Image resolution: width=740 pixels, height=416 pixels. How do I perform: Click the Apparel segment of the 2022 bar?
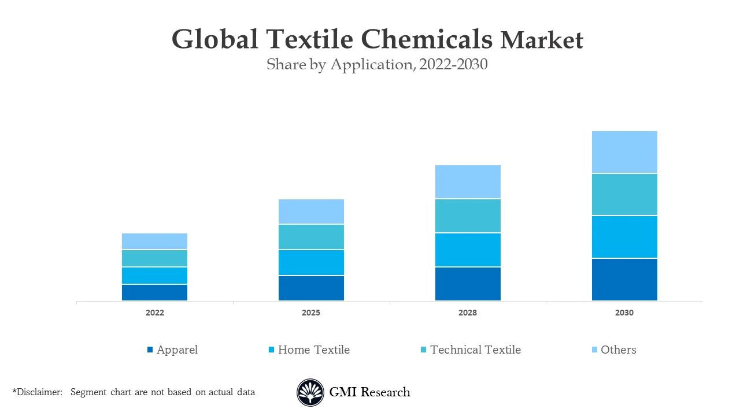tap(154, 292)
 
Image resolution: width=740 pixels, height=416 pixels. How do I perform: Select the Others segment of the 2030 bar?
tap(624, 152)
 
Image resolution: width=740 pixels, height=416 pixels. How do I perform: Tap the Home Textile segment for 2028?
tap(468, 250)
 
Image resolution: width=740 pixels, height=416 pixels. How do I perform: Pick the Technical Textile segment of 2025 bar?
tap(311, 237)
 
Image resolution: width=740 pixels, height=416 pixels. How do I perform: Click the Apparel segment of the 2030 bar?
tap(624, 280)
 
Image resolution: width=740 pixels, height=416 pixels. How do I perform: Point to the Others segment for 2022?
tap(154, 242)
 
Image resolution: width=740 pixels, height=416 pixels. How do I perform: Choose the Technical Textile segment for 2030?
tap(624, 195)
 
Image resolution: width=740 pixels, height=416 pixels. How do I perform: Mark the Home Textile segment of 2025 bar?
tap(311, 263)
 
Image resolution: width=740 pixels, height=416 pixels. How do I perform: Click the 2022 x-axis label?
tap(154, 313)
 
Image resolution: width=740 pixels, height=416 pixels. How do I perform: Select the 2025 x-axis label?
tap(311, 313)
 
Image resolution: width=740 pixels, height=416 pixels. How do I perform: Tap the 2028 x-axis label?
tap(468, 313)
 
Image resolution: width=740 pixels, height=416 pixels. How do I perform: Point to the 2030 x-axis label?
tap(624, 313)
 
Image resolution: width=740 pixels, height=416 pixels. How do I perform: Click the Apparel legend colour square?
tap(150, 350)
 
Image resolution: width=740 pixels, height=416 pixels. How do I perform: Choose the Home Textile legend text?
tap(313, 350)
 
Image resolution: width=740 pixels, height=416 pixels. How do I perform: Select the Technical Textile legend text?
tap(475, 350)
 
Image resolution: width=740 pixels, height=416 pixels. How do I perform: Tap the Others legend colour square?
tap(594, 350)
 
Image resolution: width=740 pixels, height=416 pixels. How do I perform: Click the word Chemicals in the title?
tap(427, 40)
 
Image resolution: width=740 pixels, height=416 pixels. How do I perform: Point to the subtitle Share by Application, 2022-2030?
tap(377, 65)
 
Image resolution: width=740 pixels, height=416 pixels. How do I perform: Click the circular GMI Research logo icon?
tap(310, 393)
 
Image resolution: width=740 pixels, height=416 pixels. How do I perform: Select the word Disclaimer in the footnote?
tap(39, 392)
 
